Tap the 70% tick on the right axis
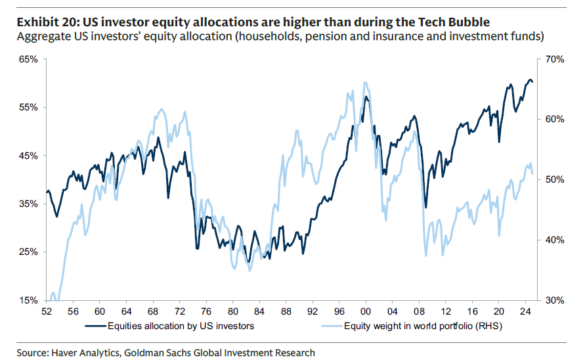[x=551, y=60]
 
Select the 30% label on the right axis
[x=551, y=301]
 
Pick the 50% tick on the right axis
[x=551, y=180]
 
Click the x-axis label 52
[x=47, y=311]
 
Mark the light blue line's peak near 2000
[x=365, y=83]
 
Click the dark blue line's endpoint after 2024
[x=532, y=82]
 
